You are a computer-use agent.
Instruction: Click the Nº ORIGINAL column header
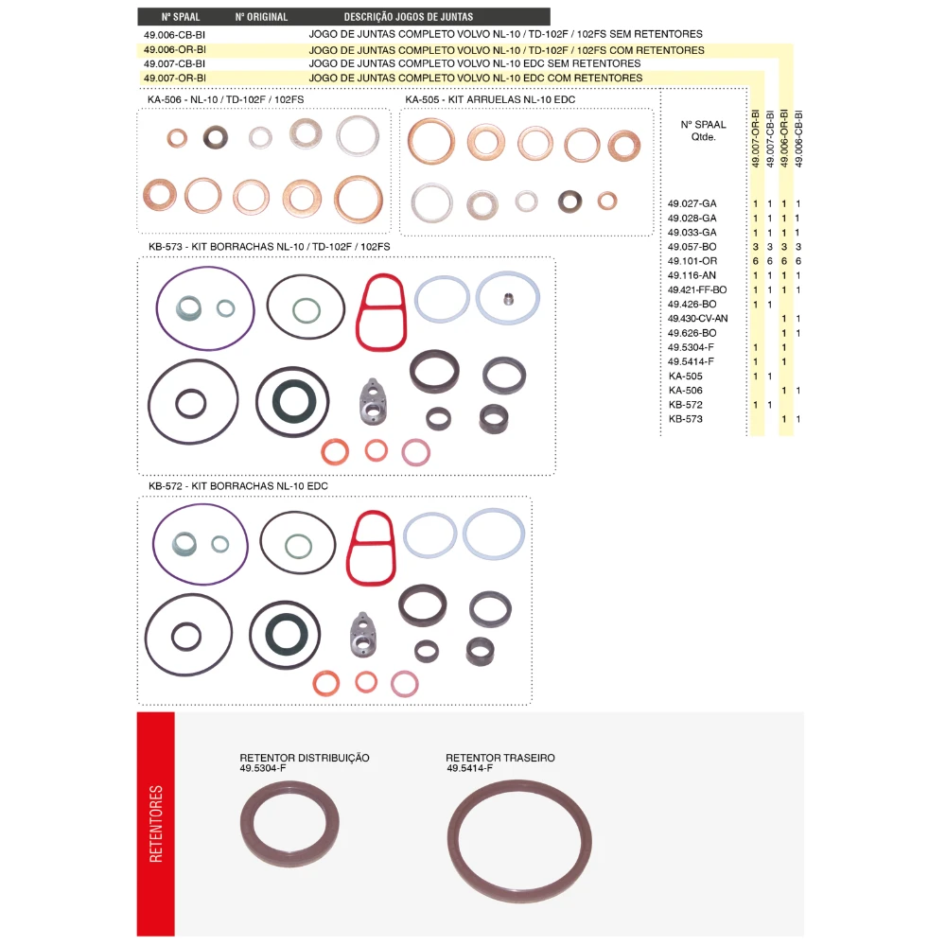(261, 17)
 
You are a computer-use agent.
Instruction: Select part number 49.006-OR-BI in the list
(174, 49)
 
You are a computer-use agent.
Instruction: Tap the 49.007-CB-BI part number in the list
(174, 63)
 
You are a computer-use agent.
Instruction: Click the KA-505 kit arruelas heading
(490, 99)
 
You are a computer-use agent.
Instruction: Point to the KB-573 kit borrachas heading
(269, 247)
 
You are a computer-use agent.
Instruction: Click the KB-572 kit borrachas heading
(238, 485)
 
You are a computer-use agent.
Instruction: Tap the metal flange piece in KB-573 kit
(373, 402)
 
